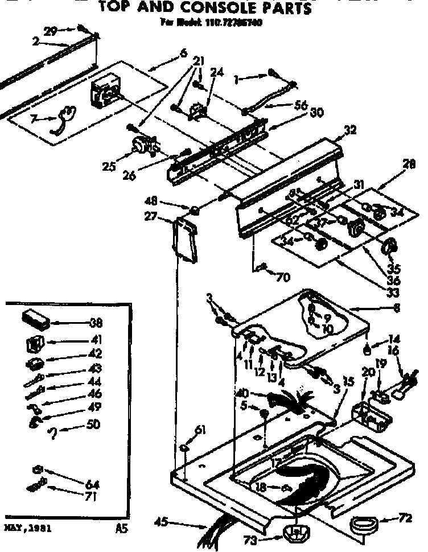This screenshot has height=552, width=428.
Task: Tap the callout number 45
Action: (x=162, y=521)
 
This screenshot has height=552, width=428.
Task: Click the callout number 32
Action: (x=350, y=130)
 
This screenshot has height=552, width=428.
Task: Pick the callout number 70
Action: (x=282, y=278)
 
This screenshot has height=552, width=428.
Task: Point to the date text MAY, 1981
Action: (x=27, y=528)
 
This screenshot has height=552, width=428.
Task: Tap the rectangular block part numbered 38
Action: (x=36, y=320)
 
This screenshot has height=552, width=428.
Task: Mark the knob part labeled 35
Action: (x=390, y=246)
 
